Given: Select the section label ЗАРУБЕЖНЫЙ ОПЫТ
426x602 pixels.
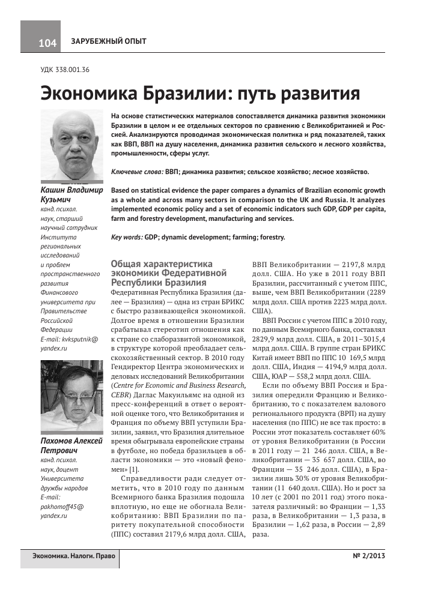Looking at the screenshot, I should tap(108, 41).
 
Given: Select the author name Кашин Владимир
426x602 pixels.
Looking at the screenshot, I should tap(70, 189).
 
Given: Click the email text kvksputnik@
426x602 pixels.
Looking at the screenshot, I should tap(82, 339).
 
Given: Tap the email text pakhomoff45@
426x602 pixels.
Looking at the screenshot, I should tap(62, 507).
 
